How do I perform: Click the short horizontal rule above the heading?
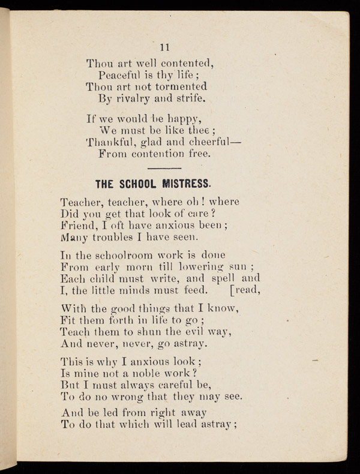[164, 169]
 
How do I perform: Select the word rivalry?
[138, 98]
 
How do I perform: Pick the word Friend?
[77, 226]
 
